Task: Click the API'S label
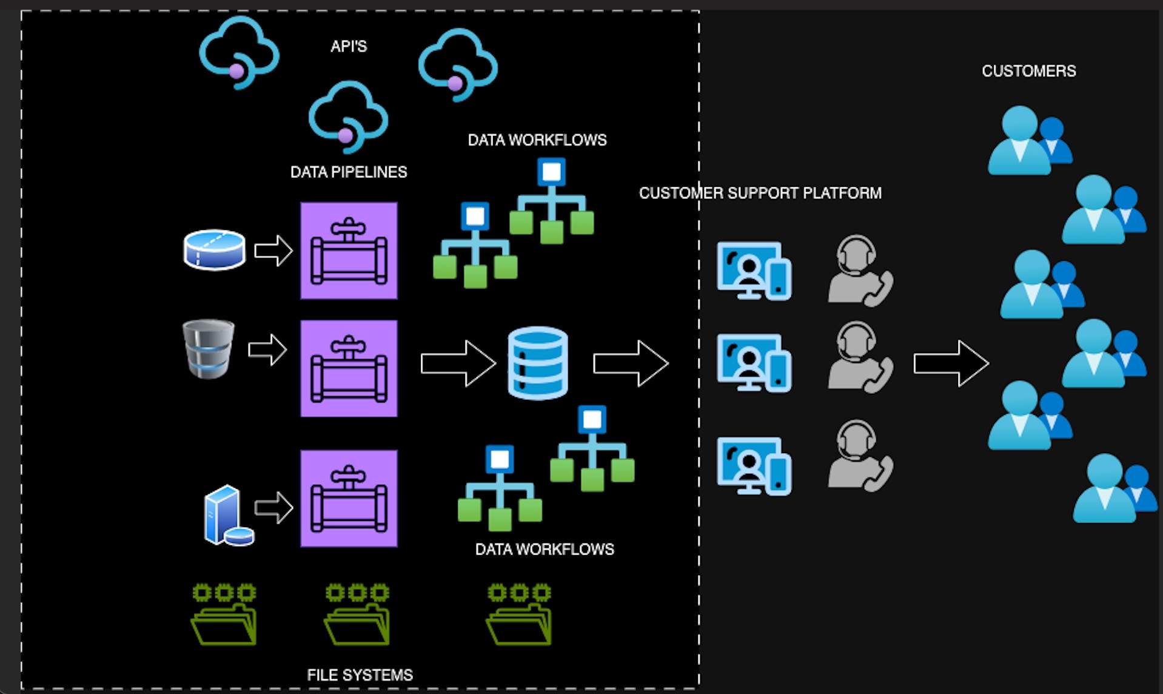[349, 47]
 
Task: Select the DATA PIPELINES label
[349, 172]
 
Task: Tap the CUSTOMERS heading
[1028, 71]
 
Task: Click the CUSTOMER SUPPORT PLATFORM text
[760, 193]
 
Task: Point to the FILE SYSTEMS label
[360, 675]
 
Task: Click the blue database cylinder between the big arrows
[538, 363]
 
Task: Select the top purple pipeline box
[349, 251]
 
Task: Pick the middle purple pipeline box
[349, 368]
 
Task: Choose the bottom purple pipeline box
[349, 498]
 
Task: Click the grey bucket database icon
[209, 349]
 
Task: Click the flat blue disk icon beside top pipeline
[215, 249]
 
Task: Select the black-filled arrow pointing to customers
[951, 363]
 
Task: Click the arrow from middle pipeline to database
[458, 363]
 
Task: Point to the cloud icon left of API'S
[239, 52]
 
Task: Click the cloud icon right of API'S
[458, 64]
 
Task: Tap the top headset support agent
[860, 271]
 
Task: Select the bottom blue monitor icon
[754, 466]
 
